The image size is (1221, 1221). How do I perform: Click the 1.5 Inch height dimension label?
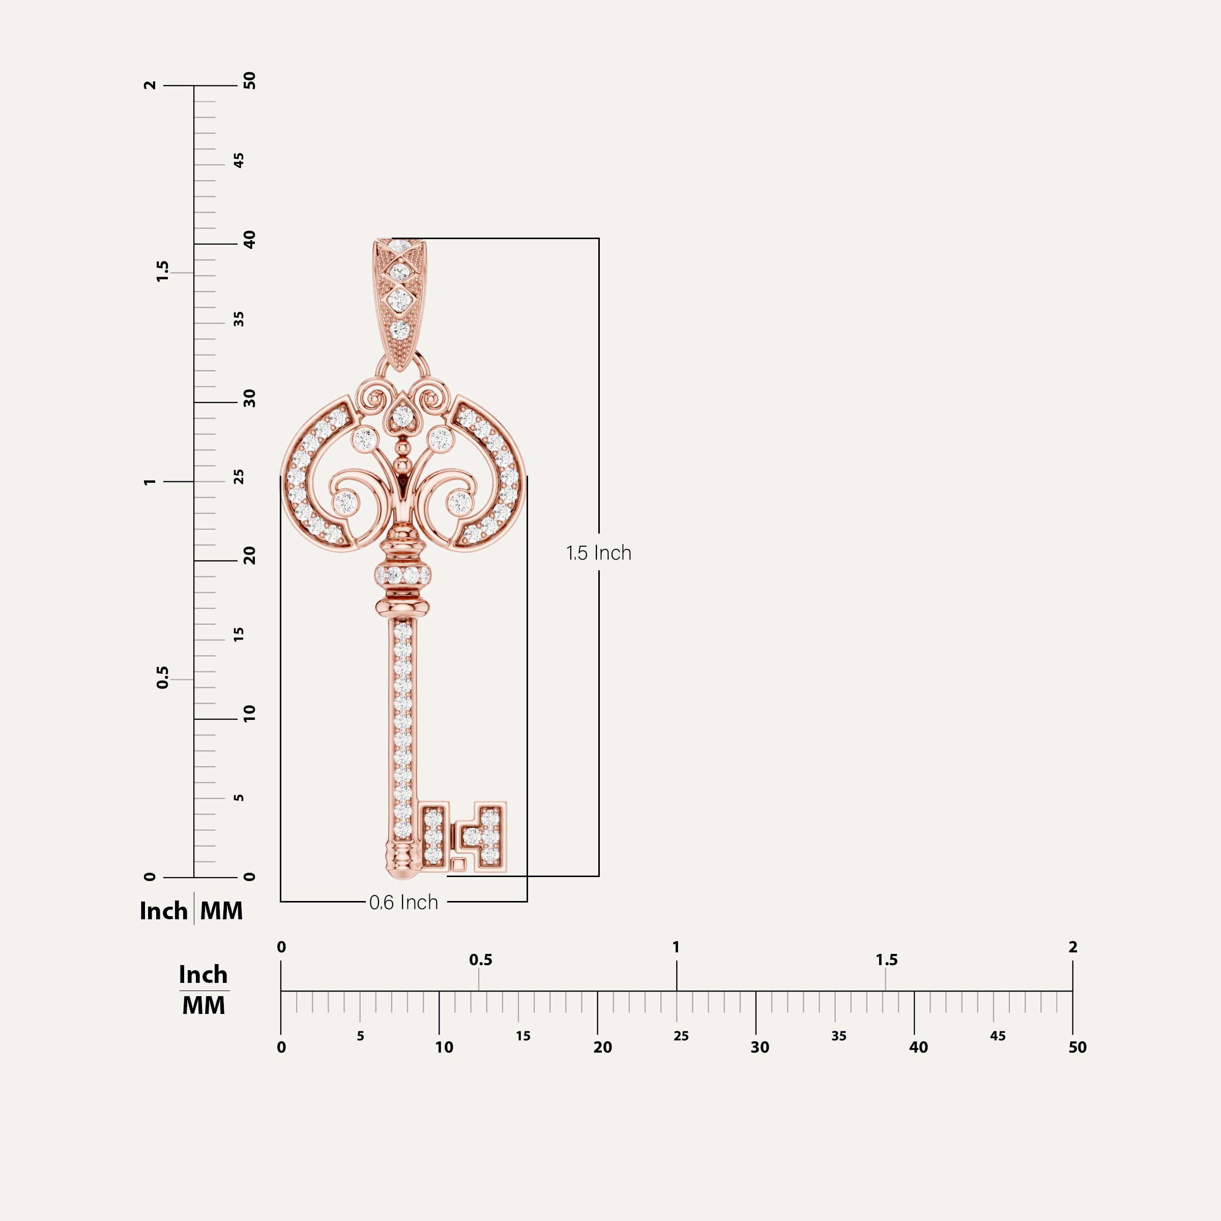(x=598, y=553)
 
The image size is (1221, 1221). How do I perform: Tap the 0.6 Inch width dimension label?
(x=403, y=903)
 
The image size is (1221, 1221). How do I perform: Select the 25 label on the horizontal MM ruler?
(x=681, y=1036)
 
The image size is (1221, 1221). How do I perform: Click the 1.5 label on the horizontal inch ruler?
(x=886, y=960)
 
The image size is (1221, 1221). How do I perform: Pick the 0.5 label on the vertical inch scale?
(x=162, y=678)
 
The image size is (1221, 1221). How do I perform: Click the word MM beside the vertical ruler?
(x=221, y=911)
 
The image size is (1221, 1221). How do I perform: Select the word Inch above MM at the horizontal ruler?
(x=203, y=975)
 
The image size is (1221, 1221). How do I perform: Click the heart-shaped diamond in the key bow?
(x=402, y=416)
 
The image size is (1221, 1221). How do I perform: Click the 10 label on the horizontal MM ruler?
(x=444, y=1047)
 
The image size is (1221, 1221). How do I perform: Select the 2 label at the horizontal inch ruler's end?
(x=1072, y=947)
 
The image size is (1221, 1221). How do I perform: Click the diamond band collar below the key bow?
(x=402, y=575)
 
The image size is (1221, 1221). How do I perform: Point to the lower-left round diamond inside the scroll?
(x=346, y=503)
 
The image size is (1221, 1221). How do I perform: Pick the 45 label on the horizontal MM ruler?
(x=997, y=1036)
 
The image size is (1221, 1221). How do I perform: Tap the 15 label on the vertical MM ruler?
(x=239, y=635)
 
